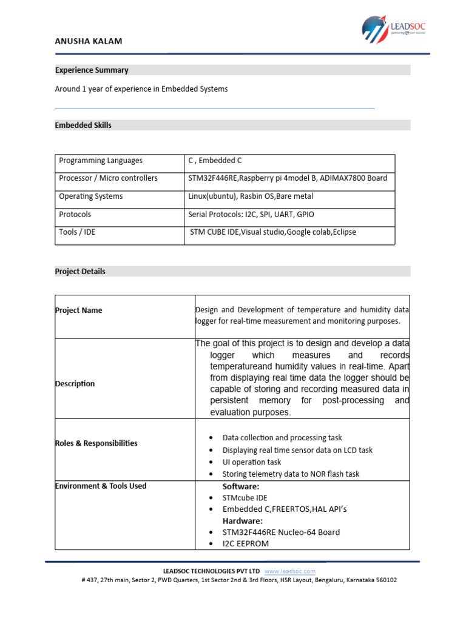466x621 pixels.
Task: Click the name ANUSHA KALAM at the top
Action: [89, 41]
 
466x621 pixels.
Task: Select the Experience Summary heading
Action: [92, 70]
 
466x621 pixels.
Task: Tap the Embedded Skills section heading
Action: [83, 126]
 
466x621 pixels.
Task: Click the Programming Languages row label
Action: [101, 161]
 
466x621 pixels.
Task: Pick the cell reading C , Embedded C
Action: [215, 161]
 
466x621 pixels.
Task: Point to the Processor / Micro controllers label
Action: [108, 178]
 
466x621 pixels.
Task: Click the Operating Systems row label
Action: [90, 196]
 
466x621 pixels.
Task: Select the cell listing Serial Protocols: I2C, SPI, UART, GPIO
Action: [251, 215]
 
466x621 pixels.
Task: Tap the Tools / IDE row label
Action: [77, 232]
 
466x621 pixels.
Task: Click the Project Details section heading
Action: [80, 272]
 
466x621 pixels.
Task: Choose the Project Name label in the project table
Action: [78, 310]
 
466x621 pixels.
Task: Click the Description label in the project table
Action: [75, 384]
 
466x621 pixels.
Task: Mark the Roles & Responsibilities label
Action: [96, 443]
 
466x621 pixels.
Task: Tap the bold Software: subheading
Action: [241, 486]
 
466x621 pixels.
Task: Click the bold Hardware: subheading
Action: [243, 521]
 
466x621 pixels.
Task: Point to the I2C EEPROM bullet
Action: [246, 543]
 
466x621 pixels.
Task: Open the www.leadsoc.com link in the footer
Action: [290, 571]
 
